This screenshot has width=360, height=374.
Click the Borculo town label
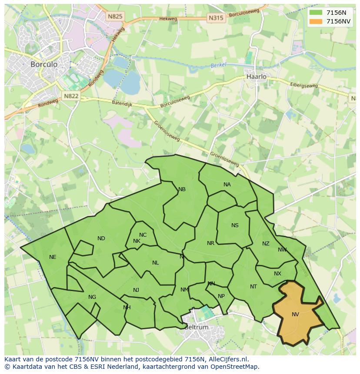44,64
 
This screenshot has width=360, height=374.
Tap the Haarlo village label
256,76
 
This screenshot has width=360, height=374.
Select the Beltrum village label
197,327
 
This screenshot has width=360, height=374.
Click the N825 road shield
115,17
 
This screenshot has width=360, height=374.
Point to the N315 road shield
216,18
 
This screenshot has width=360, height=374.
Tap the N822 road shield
70,96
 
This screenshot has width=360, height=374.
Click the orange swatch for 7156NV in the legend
316,21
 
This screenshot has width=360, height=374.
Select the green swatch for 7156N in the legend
316,13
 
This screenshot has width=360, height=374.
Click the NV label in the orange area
295,314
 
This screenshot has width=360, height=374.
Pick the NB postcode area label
182,189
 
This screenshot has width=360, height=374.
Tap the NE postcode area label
53,257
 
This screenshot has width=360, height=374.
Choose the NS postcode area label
235,225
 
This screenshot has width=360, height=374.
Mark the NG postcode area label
92,297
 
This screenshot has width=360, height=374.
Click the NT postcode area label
253,287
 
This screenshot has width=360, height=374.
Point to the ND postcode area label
101,238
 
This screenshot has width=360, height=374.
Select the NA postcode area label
227,185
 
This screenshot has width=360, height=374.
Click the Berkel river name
219,65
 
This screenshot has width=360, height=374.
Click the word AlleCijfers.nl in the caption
227,359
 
